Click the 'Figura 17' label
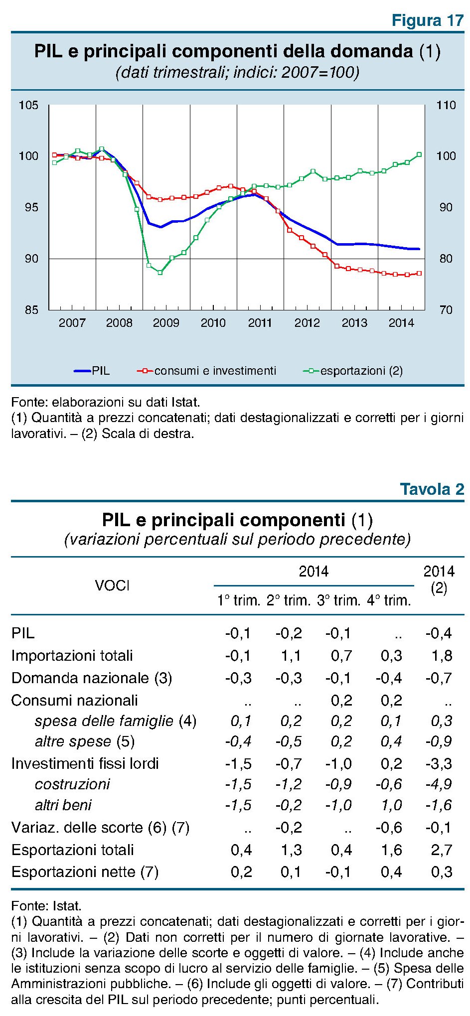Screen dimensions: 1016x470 click(x=428, y=20)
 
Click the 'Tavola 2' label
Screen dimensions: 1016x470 click(x=432, y=489)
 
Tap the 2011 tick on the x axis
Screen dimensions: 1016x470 click(x=260, y=323)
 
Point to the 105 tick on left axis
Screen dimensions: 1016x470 click(x=28, y=105)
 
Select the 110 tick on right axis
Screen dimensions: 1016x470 click(x=446, y=105)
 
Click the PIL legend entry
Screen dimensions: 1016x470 click(x=92, y=371)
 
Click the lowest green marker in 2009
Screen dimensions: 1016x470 click(x=160, y=273)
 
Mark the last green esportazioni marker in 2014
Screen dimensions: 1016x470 click(x=419, y=154)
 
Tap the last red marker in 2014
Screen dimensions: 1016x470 click(x=419, y=273)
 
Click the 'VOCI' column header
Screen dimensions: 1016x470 click(x=112, y=585)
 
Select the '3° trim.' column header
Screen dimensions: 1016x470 click(x=338, y=600)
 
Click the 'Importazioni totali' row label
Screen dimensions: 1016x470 click(x=72, y=655)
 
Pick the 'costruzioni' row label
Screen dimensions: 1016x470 click(x=72, y=784)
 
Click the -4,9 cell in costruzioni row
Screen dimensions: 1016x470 click(x=439, y=784)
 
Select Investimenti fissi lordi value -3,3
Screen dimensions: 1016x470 click(x=439, y=763)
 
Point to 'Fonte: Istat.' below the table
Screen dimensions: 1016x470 click(x=46, y=905)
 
